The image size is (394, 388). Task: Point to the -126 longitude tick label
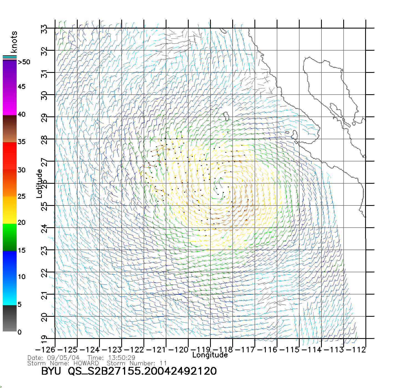coord(45,350)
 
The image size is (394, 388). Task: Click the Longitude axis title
coord(210,355)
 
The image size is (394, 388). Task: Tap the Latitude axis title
coord(39,183)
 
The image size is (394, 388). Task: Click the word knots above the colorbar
coord(14,42)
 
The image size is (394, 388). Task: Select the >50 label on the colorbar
coord(24,62)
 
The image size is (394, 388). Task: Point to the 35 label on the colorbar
coord(22,142)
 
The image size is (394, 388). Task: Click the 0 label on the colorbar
coord(19,332)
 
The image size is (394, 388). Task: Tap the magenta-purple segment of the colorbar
coord(10,87)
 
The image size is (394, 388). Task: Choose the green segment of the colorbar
coord(10,237)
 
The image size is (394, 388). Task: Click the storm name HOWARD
coord(86,363)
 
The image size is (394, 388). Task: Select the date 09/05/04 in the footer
coord(63,358)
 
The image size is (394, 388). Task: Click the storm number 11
coord(163,363)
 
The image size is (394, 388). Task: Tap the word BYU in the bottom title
coord(51,371)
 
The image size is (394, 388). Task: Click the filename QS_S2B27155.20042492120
coord(142,371)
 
